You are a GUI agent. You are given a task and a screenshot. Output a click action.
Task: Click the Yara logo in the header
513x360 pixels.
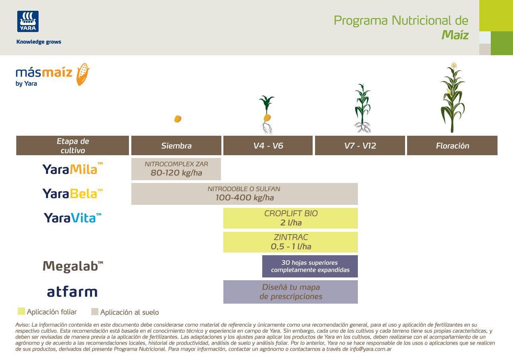coord(28,21)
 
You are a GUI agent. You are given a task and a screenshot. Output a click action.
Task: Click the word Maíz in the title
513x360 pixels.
coord(455,35)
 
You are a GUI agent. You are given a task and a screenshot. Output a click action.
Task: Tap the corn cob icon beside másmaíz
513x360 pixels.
coord(83,74)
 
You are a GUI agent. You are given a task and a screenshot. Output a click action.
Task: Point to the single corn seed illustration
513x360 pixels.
coord(178,119)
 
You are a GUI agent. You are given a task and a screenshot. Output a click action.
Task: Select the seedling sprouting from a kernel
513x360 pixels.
coord(267,114)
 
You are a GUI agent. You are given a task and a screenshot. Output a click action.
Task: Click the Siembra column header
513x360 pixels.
coord(176,146)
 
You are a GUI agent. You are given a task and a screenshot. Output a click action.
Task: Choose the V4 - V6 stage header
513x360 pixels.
coord(268,146)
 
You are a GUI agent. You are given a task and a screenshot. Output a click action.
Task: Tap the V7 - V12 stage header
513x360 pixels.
coord(360,146)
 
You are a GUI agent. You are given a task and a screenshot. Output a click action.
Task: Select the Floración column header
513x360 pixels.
coord(452,146)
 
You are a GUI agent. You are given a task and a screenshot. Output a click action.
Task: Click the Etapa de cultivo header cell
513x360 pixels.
coord(73,146)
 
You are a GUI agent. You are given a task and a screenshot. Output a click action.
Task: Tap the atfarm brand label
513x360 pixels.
coord(72,292)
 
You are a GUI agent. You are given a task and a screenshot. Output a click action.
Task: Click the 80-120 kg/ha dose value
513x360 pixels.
coord(176,173)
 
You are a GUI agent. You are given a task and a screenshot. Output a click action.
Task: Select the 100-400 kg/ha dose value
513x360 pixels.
coord(244,198)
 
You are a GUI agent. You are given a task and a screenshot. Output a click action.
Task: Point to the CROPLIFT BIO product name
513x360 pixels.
coord(291,214)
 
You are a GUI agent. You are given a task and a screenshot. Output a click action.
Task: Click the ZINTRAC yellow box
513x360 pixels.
coord(290,242)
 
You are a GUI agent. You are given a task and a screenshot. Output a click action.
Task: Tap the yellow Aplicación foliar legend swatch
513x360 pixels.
coord(21,312)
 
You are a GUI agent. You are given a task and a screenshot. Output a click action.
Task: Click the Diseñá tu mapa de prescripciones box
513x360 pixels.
coord(290,292)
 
